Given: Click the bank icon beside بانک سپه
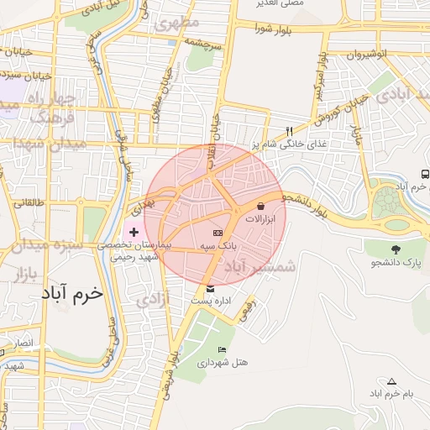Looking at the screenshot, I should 218,232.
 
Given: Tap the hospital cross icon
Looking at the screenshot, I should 134,230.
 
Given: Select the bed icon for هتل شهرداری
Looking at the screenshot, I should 222,349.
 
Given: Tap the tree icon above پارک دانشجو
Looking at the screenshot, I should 395,249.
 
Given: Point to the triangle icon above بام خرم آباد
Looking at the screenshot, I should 392,380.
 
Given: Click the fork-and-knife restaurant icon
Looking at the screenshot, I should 290,131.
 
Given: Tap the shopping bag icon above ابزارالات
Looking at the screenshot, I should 261,206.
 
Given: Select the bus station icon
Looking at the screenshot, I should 426,174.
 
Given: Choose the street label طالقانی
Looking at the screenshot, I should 28,202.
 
